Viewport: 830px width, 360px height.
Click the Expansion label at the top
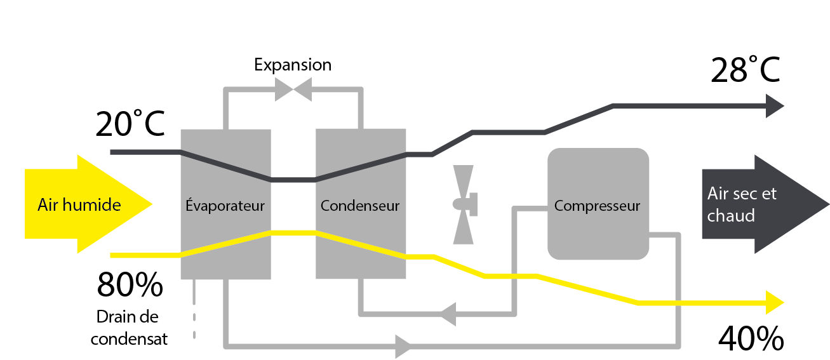click(293, 65)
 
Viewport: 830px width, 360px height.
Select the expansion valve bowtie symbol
click(293, 90)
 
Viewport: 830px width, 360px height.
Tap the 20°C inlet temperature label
click(130, 124)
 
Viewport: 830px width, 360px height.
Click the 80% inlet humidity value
click(130, 286)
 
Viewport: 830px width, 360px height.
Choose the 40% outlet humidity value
click(751, 340)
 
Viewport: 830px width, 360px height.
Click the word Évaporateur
click(225, 206)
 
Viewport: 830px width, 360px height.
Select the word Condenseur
click(360, 206)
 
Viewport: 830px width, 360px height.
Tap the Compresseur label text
click(597, 206)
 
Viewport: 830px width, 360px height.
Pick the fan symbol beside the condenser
click(464, 204)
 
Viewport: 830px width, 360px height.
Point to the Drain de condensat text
click(129, 328)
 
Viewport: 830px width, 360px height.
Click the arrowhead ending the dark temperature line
click(775, 105)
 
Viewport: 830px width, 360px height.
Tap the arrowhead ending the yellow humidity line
click(775, 303)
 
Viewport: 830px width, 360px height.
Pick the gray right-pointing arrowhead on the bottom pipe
click(403, 347)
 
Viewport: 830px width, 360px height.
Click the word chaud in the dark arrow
click(731, 216)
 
